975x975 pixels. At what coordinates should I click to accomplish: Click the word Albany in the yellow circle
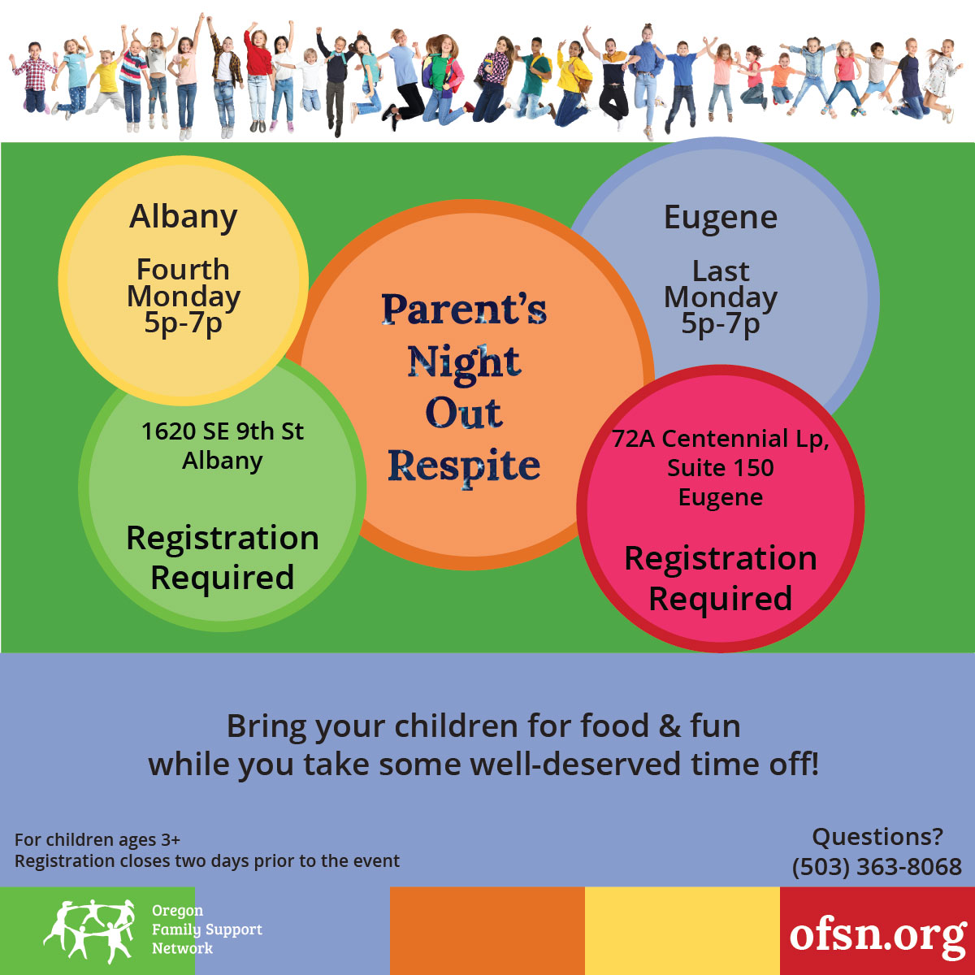183,218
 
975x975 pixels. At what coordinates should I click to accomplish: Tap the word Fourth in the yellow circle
183,269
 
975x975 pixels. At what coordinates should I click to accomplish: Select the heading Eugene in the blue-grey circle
721,219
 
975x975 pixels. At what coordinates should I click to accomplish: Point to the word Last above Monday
721,271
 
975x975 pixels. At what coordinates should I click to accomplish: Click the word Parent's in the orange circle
464,309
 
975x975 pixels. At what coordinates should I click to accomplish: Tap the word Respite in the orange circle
464,466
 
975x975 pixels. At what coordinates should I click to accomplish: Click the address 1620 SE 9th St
223,431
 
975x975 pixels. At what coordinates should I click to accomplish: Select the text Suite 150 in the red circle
721,468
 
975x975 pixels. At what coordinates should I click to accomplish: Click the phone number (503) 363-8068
877,867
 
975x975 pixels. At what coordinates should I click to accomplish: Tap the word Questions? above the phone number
877,837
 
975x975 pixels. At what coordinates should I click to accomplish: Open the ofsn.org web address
877,934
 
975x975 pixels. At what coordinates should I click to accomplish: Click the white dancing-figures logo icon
89,931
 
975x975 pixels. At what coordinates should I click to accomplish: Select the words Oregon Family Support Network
207,929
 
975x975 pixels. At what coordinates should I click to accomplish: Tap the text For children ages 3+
97,840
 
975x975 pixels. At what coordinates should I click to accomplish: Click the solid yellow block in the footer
682,931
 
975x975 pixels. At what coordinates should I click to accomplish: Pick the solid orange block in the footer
487,931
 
